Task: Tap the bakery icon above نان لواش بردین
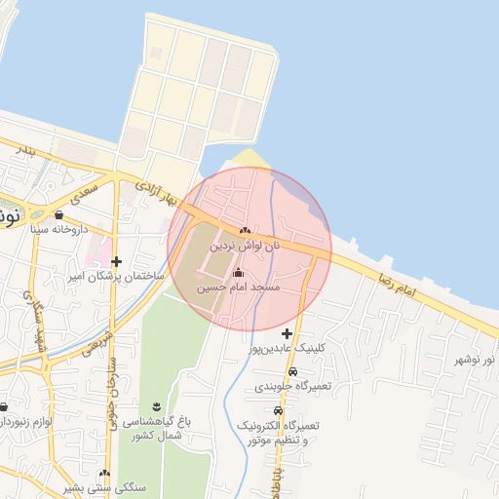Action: [244, 231]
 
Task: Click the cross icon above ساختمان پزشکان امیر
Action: [117, 261]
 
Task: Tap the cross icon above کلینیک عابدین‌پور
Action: [287, 333]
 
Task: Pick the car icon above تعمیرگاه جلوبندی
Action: [293, 371]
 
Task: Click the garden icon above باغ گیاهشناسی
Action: [156, 405]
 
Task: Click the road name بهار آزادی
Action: [159, 191]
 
